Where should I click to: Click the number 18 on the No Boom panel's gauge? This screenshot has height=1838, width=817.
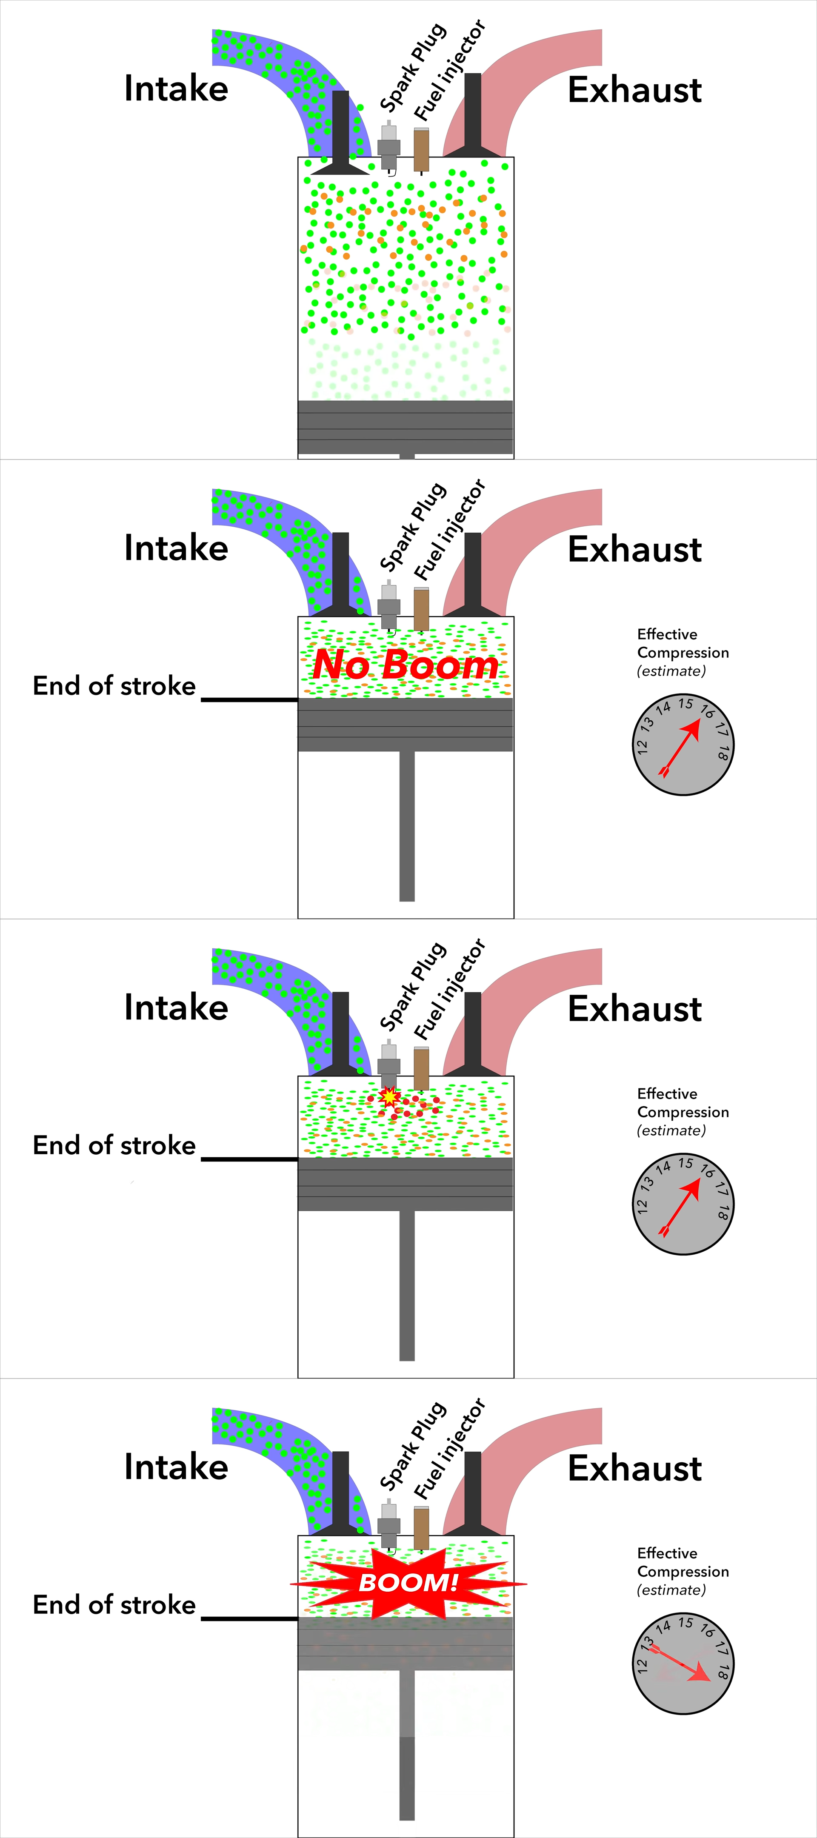[723, 752]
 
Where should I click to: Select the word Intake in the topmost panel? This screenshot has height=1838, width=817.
[176, 88]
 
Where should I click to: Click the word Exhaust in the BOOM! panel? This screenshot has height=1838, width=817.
[634, 1468]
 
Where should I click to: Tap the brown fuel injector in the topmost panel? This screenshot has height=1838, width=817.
[421, 150]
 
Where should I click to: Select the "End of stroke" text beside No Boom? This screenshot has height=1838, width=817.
[114, 686]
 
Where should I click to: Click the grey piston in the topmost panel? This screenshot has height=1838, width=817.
[405, 427]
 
